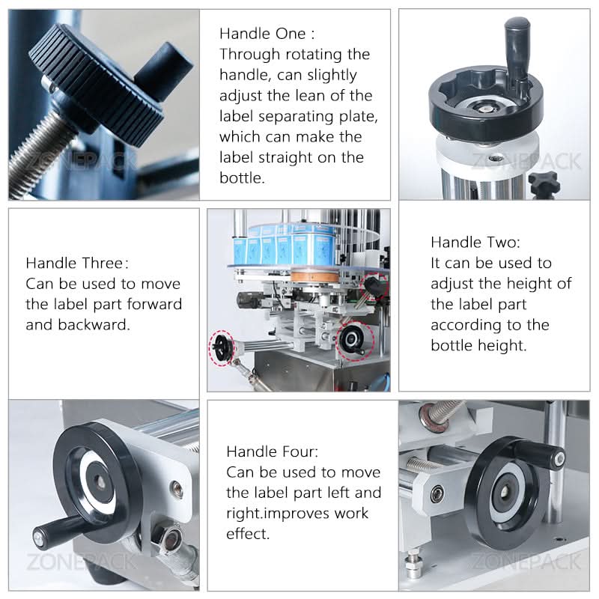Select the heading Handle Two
click(475, 242)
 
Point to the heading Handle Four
click(272, 451)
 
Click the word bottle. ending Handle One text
click(242, 177)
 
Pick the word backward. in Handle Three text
click(94, 325)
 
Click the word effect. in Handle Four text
click(248, 534)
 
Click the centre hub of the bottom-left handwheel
click(100, 482)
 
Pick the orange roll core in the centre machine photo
click(314, 276)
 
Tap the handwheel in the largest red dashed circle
click(353, 338)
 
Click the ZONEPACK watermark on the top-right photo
click(526, 162)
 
